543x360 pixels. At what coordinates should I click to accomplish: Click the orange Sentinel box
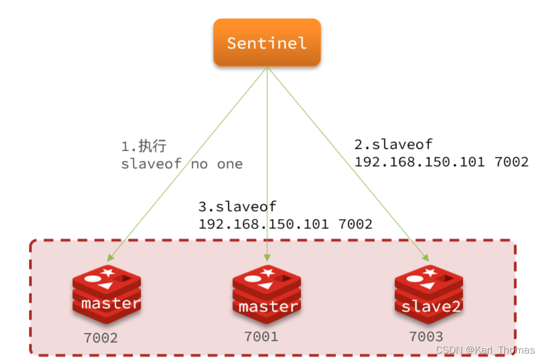tap(267, 43)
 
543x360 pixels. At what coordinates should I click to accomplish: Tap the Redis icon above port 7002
tap(107, 294)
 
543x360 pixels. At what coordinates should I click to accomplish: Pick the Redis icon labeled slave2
tap(428, 294)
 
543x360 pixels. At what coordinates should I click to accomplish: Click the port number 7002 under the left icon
tap(101, 338)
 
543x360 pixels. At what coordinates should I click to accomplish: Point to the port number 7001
tap(261, 337)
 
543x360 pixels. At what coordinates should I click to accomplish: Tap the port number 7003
tap(426, 337)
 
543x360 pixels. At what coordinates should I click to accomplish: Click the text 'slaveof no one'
tap(182, 164)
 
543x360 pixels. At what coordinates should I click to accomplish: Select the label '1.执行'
tap(144, 146)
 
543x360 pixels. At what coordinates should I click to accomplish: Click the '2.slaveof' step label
tap(393, 144)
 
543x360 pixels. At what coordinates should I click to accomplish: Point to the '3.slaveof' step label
tap(237, 206)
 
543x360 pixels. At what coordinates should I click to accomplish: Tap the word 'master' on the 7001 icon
tap(268, 306)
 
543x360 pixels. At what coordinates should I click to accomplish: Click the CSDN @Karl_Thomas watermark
tap(485, 349)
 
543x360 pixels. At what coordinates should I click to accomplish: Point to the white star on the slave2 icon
tap(429, 272)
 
